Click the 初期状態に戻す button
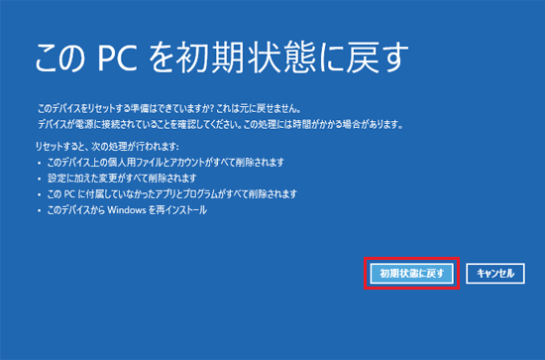tap(411, 274)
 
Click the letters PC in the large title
tap(116, 58)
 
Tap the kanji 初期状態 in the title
tap(245, 58)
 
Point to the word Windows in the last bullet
tap(127, 210)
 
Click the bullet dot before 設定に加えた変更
tap(40, 179)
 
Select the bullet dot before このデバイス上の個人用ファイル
tap(40, 163)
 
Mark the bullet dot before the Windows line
tap(40, 211)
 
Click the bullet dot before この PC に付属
tap(40, 194)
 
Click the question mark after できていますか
tap(212, 109)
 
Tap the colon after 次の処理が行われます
tap(177, 147)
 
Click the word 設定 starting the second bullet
tap(54, 179)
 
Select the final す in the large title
tap(392, 58)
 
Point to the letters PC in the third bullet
tap(69, 194)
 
